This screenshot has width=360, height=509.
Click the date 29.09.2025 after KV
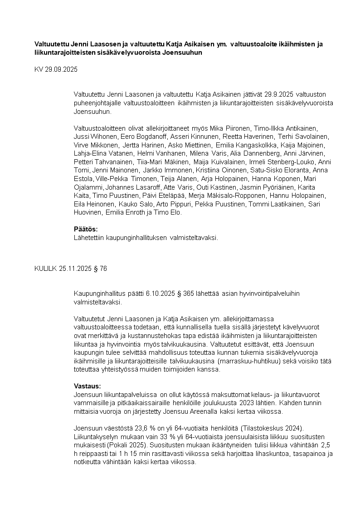tap(62, 70)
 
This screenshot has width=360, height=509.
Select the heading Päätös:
tap(86, 229)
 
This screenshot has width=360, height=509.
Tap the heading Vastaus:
tap(88, 386)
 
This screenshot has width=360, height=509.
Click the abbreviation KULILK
tap(46, 269)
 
